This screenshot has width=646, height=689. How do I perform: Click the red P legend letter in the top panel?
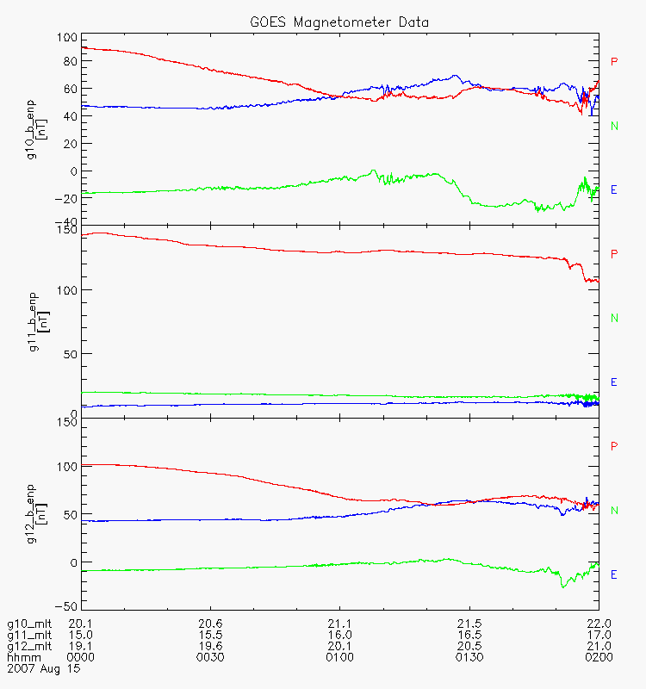click(x=614, y=61)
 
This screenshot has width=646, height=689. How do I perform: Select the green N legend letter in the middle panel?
click(x=614, y=318)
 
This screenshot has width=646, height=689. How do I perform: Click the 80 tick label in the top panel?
click(x=67, y=62)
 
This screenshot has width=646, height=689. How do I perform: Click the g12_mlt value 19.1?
click(x=81, y=645)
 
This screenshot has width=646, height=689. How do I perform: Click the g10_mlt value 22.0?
click(x=598, y=623)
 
